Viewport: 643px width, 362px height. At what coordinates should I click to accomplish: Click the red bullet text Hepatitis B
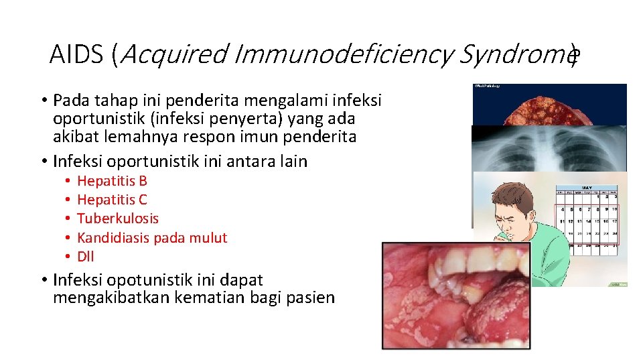[112, 181]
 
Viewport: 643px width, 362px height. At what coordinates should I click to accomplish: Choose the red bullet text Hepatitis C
[112, 200]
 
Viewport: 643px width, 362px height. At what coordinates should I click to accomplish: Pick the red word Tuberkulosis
[118, 219]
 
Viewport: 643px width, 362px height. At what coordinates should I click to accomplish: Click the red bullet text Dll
[86, 257]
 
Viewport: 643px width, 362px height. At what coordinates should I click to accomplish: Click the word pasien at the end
[311, 298]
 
